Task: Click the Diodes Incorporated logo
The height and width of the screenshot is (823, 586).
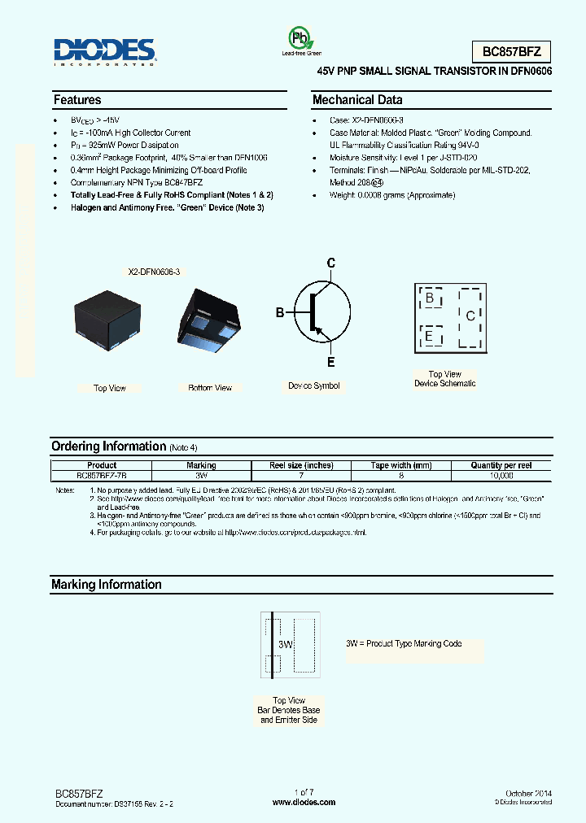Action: [104, 50]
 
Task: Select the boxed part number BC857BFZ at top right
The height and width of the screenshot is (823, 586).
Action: [512, 52]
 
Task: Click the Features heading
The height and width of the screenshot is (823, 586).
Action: [77, 100]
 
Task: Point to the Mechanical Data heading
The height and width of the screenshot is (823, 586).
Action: [357, 100]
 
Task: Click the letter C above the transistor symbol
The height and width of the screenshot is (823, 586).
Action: [330, 263]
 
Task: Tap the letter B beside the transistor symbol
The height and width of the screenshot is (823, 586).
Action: [280, 312]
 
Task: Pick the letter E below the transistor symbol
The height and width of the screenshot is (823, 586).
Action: [330, 362]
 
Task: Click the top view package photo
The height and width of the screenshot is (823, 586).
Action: [107, 321]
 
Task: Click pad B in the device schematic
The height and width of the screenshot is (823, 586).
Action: [430, 298]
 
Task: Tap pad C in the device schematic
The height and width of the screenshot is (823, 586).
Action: [470, 316]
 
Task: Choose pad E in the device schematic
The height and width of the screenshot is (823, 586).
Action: [429, 335]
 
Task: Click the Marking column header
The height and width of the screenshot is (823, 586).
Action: [201, 465]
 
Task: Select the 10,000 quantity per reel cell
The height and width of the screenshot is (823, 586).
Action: [501, 475]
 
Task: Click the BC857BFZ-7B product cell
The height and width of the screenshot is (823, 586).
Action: [102, 475]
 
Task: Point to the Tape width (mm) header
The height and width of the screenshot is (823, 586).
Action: [400, 465]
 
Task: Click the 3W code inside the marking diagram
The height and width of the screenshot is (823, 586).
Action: [285, 644]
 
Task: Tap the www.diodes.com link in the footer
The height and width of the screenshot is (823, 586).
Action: [304, 802]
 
